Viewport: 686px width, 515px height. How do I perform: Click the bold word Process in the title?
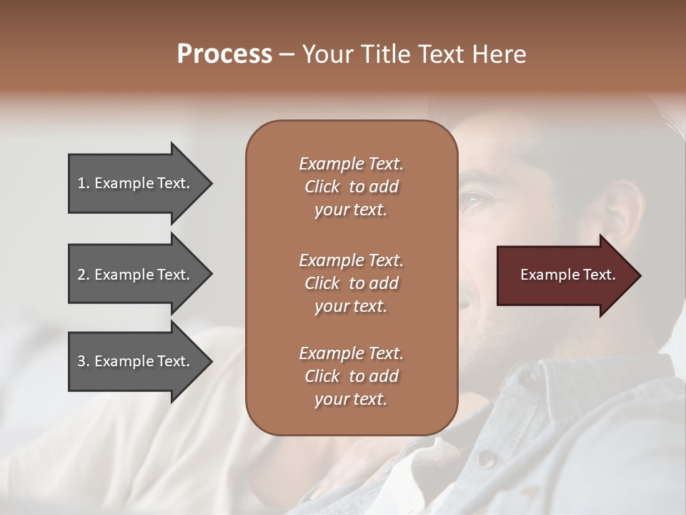(224, 54)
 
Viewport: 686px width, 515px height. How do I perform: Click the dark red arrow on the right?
(565, 275)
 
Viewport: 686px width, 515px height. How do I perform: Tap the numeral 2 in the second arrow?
(81, 275)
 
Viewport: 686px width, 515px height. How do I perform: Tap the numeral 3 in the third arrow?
(81, 361)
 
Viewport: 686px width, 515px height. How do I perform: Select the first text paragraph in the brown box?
(351, 187)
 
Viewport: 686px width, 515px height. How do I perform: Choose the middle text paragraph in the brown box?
(351, 283)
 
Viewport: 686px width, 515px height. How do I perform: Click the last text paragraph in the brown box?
(351, 376)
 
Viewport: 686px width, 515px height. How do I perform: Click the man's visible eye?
(472, 202)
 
